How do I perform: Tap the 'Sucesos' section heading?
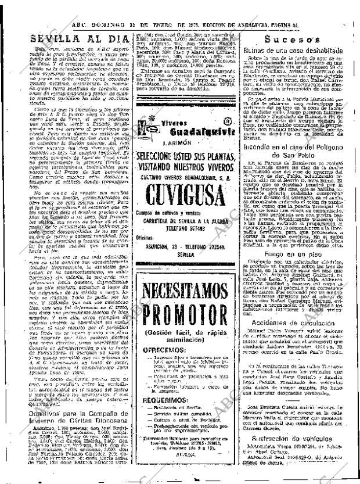289,40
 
